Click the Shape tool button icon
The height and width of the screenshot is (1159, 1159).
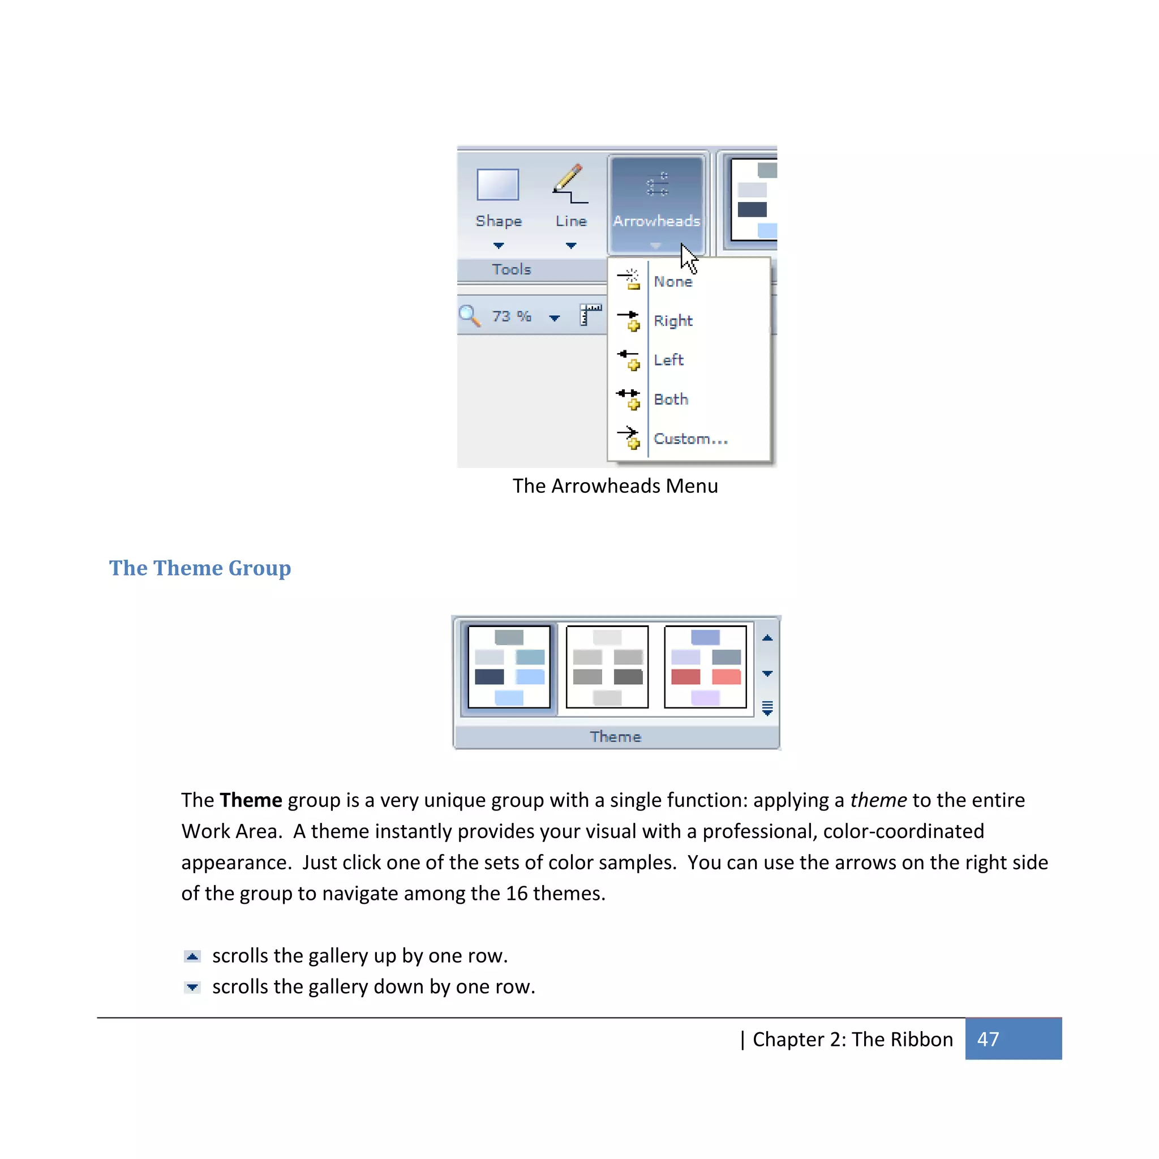[497, 184]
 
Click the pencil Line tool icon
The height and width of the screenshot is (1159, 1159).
[569, 184]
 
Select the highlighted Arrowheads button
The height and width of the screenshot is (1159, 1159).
[656, 204]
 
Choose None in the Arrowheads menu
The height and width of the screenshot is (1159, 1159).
[672, 281]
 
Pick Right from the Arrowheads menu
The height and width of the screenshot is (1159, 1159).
[672, 321]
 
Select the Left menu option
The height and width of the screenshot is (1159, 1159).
[668, 360]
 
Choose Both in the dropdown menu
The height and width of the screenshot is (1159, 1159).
[671, 400]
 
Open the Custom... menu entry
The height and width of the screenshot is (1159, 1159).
[690, 439]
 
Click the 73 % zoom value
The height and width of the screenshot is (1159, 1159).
[511, 316]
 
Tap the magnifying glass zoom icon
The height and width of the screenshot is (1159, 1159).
[469, 316]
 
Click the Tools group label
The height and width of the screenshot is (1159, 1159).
[511, 269]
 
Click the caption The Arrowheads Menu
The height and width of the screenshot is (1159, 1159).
[615, 486]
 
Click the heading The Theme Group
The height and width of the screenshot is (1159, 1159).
[200, 568]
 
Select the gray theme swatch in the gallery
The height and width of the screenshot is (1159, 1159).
[607, 667]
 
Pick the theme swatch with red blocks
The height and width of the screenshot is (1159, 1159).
[705, 667]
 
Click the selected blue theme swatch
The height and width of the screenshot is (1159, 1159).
[509, 667]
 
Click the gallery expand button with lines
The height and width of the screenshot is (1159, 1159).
[767, 708]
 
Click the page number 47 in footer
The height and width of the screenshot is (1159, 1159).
[988, 1039]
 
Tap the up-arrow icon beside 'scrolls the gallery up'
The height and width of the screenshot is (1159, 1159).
[192, 956]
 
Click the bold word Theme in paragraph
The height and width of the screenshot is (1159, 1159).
[250, 800]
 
